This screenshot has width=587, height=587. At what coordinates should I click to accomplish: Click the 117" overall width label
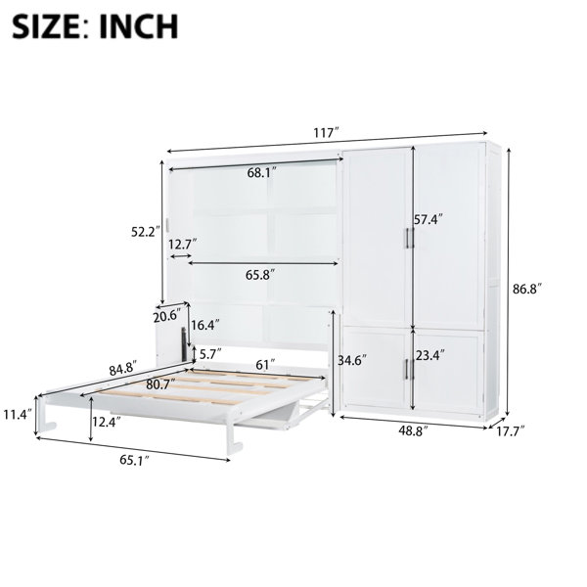[x=326, y=132]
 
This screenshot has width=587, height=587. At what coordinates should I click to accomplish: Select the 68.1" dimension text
[x=261, y=172]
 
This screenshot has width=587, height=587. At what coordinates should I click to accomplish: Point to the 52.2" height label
[x=145, y=232]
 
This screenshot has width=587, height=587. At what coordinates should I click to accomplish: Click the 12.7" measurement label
[x=182, y=245]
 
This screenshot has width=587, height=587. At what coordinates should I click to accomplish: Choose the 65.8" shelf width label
[x=260, y=275]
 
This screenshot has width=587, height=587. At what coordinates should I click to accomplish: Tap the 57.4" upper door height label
[x=428, y=219]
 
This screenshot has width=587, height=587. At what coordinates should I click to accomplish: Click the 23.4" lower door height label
[x=430, y=354]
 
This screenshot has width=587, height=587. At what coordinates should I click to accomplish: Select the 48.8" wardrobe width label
[x=413, y=430]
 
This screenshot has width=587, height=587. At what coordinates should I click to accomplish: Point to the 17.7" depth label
[x=511, y=430]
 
